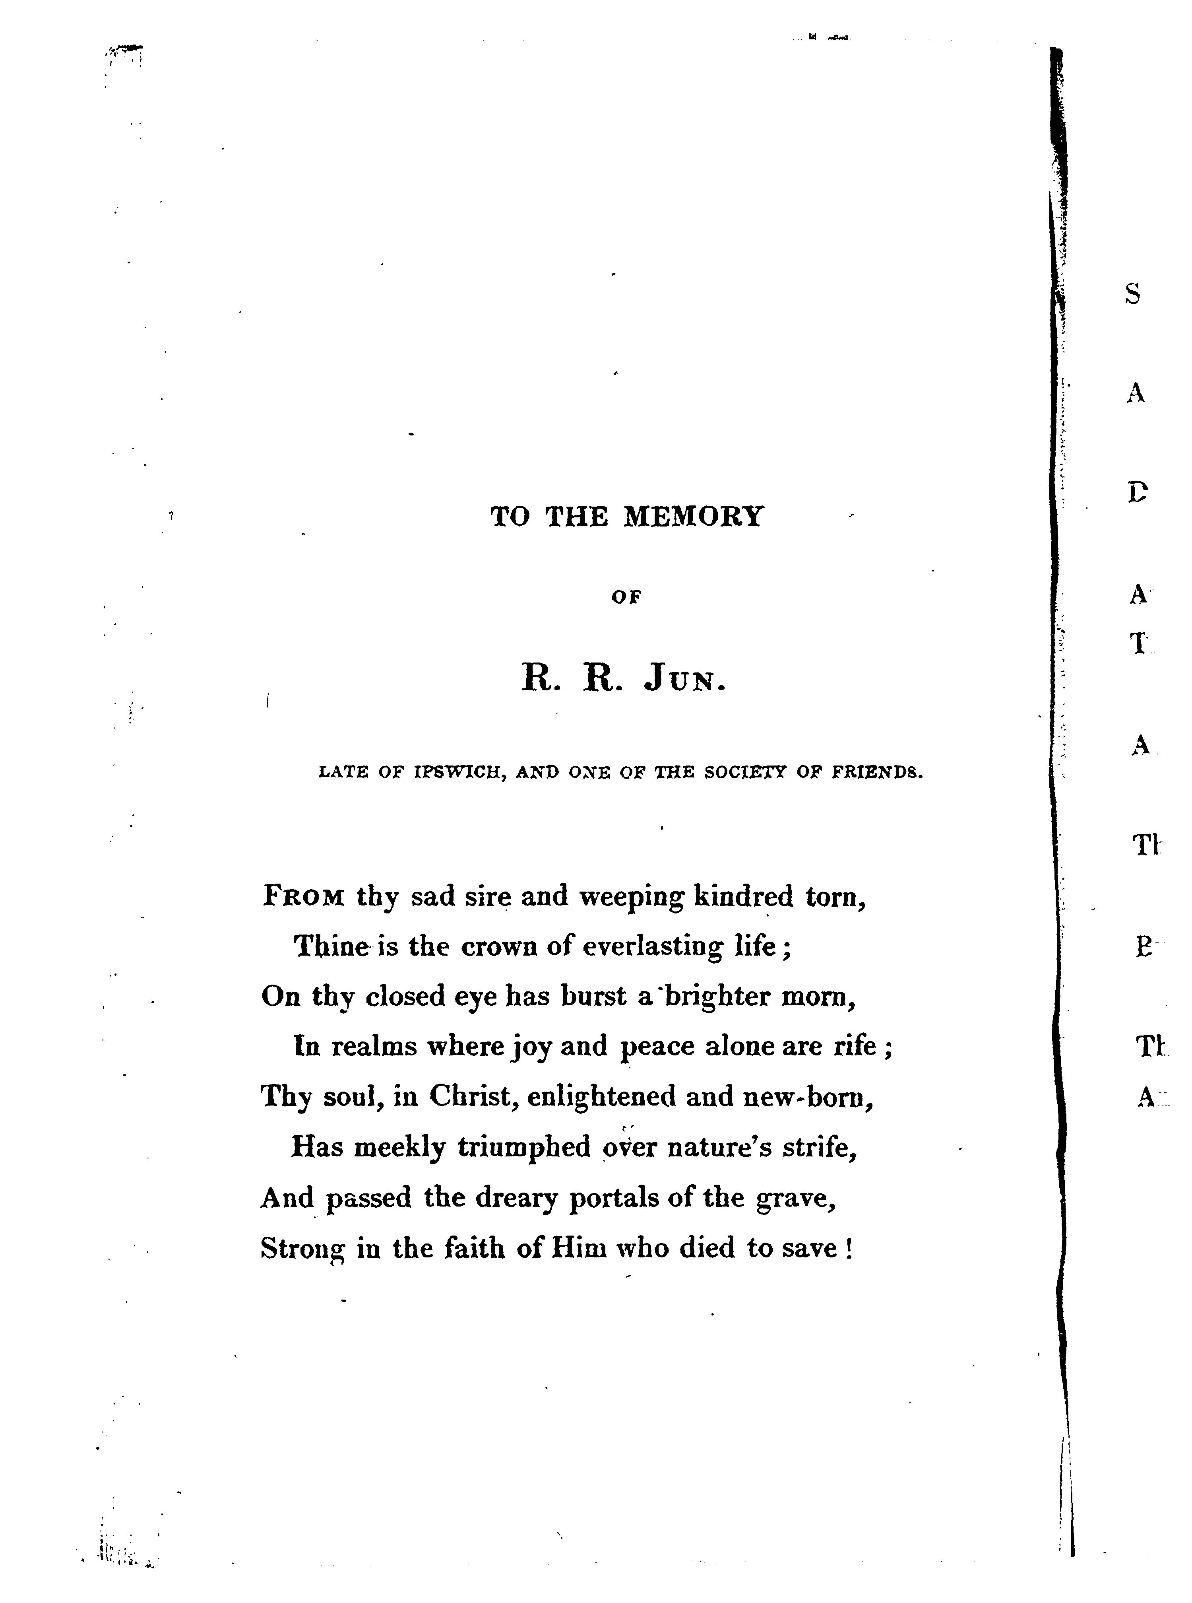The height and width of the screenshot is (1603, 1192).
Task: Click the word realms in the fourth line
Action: tap(374, 1047)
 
